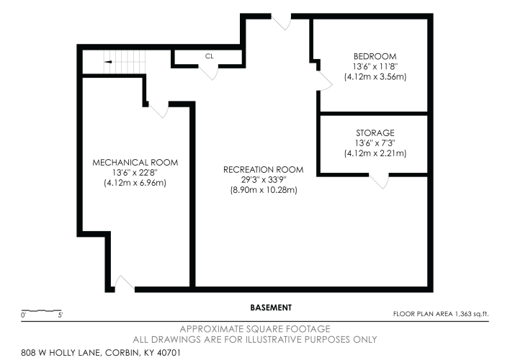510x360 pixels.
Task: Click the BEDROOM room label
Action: (x=375, y=56)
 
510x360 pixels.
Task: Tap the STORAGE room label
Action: (x=375, y=132)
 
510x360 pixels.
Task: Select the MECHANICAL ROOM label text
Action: (x=135, y=162)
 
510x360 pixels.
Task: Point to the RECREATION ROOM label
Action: (x=264, y=169)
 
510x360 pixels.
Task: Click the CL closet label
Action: (x=210, y=56)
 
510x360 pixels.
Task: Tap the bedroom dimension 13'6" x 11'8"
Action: (x=375, y=66)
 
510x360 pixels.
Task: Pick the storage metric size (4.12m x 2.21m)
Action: (x=375, y=153)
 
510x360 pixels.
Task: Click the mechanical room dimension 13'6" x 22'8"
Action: (x=135, y=172)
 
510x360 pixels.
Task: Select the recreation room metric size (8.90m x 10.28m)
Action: (x=264, y=190)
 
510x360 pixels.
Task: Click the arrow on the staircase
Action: (x=107, y=62)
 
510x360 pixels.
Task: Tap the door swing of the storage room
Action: (x=380, y=181)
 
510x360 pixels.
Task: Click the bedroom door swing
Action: (x=325, y=81)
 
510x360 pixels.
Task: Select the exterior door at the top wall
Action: (x=282, y=22)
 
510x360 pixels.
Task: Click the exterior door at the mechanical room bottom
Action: (x=124, y=283)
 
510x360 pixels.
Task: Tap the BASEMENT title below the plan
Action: (x=271, y=307)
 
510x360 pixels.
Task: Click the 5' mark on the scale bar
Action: (x=61, y=315)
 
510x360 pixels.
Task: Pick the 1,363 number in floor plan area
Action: (x=464, y=314)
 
